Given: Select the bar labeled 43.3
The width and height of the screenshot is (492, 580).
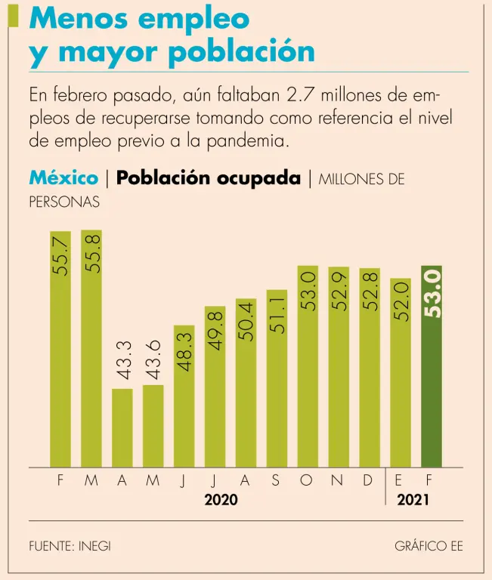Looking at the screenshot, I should [x=122, y=427].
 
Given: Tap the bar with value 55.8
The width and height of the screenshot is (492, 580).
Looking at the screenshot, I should [x=91, y=347].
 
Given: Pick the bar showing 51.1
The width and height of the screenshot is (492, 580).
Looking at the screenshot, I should [x=277, y=378].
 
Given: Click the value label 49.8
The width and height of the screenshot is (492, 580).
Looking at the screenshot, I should [x=215, y=333].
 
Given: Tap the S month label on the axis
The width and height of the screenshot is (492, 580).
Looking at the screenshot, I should [x=276, y=480].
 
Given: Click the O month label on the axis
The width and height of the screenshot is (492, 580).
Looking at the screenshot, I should [x=306, y=480].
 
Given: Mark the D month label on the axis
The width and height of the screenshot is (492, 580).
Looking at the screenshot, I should [x=368, y=480].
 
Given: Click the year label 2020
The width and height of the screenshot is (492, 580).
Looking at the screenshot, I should [x=221, y=500].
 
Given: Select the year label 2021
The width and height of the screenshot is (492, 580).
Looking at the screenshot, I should [x=414, y=500].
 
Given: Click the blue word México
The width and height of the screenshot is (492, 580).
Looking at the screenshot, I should [x=63, y=178].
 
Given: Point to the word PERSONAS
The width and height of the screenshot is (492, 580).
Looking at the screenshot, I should [x=64, y=202].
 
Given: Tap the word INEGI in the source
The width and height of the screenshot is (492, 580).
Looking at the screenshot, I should [x=94, y=545].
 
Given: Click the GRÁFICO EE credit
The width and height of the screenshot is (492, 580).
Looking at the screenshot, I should [x=429, y=545].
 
